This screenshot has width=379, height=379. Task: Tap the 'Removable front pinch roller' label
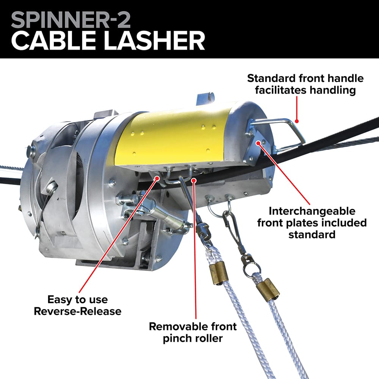pos(193,332)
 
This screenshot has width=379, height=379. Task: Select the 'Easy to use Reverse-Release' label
pos(77,305)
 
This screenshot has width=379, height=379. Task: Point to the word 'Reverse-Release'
pos(77,312)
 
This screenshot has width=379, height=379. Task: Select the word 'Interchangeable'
pos(312,211)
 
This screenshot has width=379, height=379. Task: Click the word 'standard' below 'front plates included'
pos(312,234)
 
